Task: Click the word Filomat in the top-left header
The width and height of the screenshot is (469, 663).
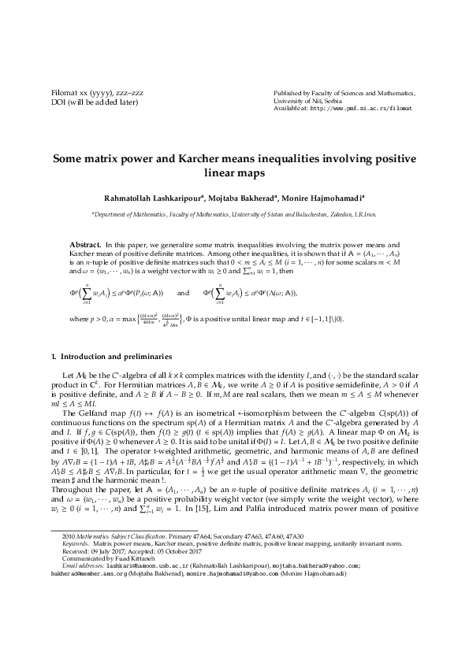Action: (62, 92)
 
